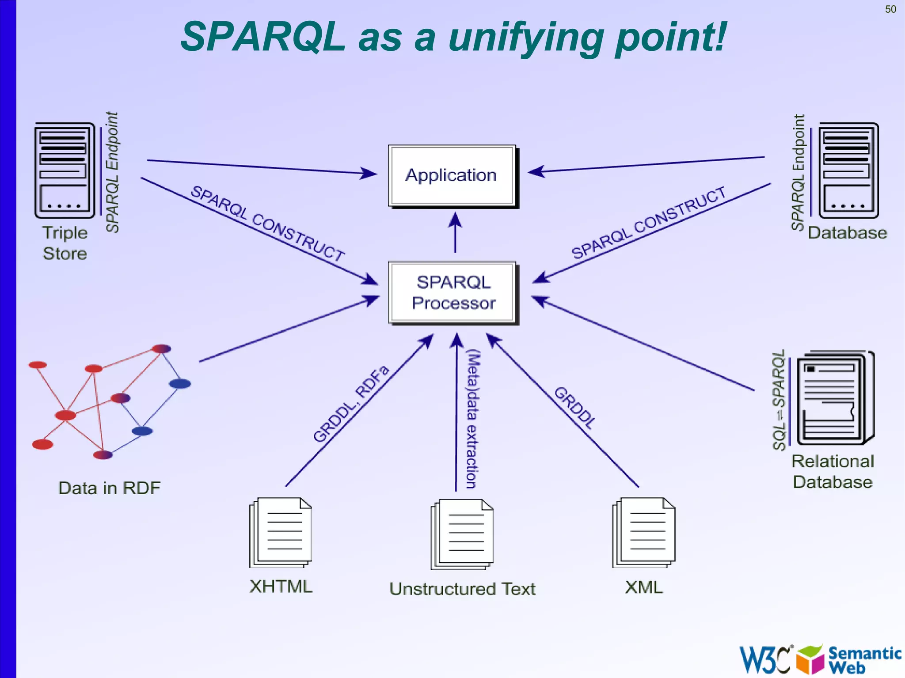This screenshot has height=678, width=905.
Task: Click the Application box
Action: tap(452, 175)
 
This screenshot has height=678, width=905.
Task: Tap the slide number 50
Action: tap(890, 9)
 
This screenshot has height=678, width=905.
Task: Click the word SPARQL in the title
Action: tap(262, 37)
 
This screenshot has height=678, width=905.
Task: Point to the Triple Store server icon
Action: tap(65, 170)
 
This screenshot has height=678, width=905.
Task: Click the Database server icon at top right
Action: tap(848, 170)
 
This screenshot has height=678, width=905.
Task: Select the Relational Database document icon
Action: tap(834, 398)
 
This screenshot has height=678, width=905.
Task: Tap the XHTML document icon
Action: tap(281, 532)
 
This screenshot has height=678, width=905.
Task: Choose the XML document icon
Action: tap(644, 532)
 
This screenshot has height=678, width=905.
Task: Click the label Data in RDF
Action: tap(109, 488)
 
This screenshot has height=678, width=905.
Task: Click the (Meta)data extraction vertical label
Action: tap(472, 419)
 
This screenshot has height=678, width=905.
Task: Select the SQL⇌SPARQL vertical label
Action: tap(779, 400)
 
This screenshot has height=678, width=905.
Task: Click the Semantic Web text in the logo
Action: tap(863, 659)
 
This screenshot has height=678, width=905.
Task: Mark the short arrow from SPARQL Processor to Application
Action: tap(455, 233)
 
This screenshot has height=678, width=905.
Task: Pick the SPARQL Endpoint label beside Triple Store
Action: tap(112, 172)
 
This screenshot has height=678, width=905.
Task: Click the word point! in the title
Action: tap(671, 38)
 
